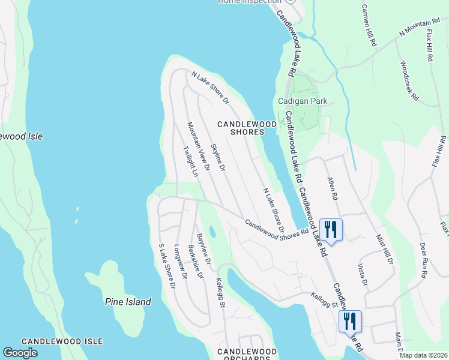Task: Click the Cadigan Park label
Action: coord(303,101)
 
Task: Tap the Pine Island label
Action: coord(128,302)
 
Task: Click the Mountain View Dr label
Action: coord(197,146)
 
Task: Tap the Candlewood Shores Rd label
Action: coord(277,226)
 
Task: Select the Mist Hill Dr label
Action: coord(384,250)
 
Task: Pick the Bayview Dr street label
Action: coord(203,249)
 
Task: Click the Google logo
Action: coord(20,353)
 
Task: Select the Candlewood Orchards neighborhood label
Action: coord(247,355)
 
